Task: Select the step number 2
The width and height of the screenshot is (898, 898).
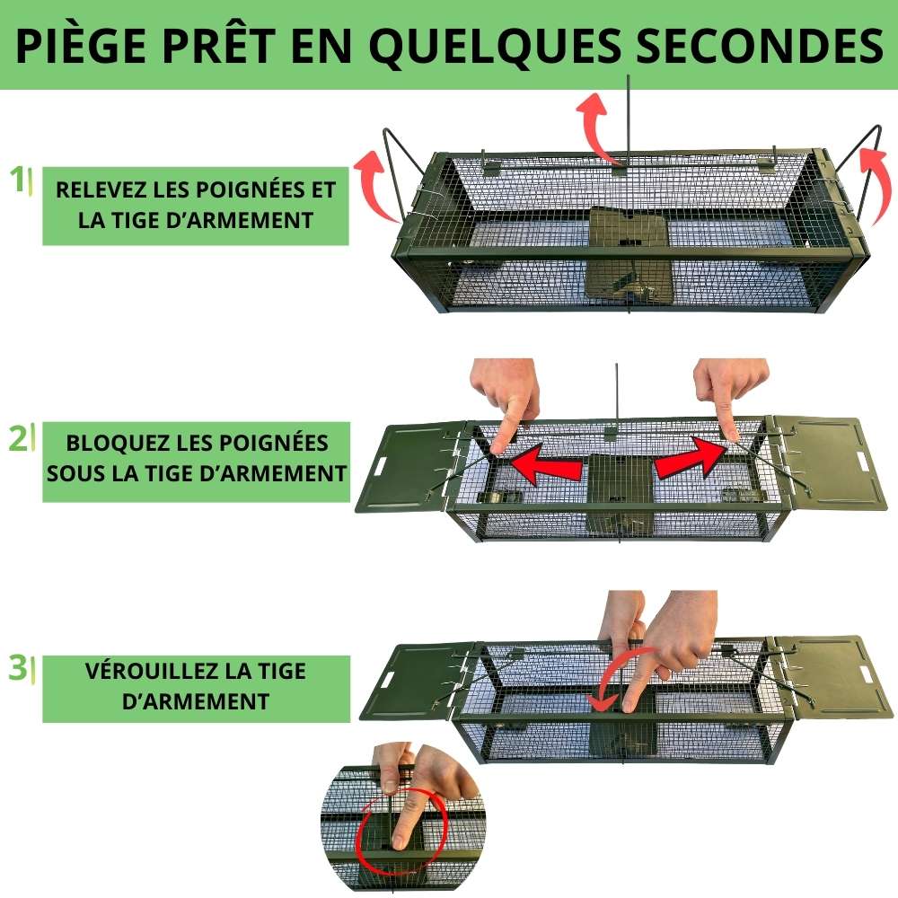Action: [17, 439]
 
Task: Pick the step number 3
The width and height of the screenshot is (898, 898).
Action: [17, 668]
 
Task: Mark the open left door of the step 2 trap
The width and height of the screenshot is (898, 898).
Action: [409, 467]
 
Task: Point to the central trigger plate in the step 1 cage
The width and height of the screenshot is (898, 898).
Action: [628, 251]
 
